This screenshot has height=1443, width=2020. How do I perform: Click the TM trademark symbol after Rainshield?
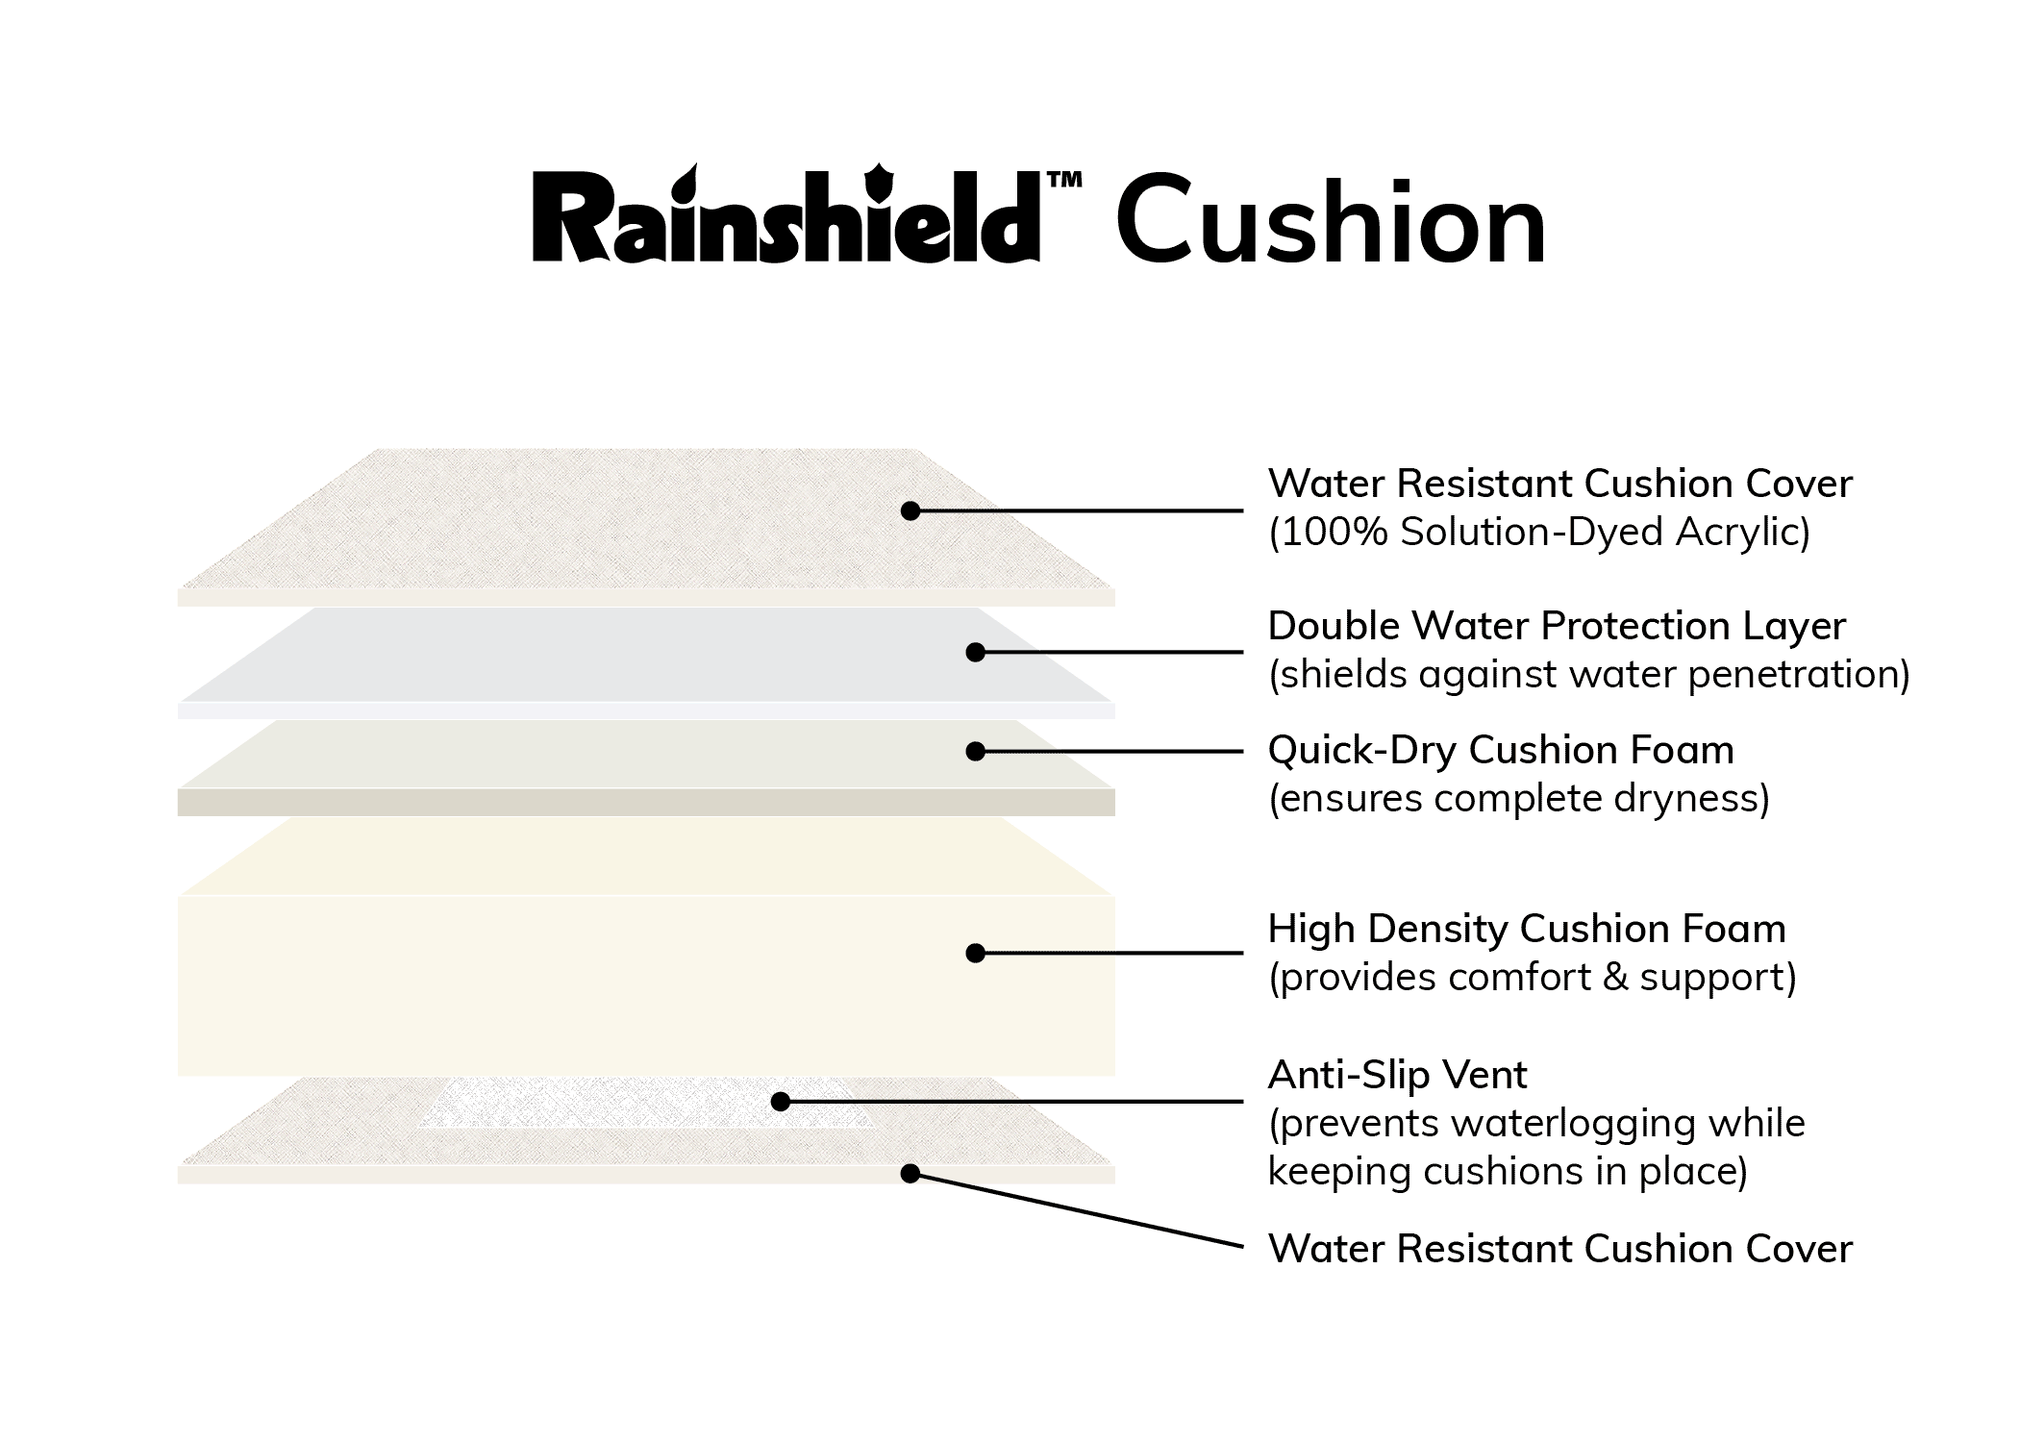1064,180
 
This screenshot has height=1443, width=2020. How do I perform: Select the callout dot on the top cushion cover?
910,510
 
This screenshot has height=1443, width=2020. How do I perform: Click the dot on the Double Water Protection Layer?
975,652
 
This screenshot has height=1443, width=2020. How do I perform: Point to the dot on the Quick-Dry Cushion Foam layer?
975,751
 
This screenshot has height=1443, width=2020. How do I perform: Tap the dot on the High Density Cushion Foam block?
975,953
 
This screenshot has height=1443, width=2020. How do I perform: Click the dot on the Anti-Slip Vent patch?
781,1101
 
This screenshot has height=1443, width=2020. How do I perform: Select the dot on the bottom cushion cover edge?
910,1173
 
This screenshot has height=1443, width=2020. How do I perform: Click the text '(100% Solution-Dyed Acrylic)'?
1538,532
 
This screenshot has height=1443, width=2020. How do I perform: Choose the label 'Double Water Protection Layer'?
1556,626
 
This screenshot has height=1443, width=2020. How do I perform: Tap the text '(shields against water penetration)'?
1588,674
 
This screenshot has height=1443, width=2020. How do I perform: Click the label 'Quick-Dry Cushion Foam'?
1500,750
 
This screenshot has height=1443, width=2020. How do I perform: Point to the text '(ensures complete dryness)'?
1518,798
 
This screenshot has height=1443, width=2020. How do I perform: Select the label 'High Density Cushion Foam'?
1526,929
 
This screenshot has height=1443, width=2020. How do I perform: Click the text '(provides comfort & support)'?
1532,977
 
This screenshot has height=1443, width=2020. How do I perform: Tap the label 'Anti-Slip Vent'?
1396,1075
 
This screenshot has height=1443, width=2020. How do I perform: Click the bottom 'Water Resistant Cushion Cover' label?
1559,1249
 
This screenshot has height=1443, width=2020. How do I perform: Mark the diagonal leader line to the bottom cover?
1077,1210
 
